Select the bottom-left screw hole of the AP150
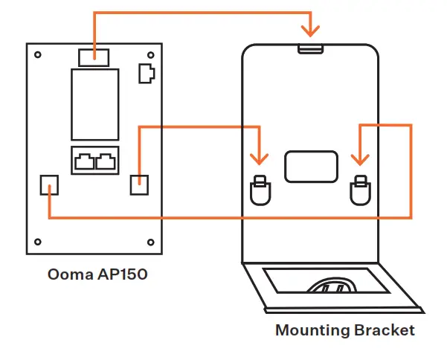[x=38, y=241]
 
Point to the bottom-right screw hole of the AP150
[x=150, y=241]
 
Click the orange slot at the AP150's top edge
[x=94, y=56]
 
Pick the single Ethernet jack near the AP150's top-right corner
[x=147, y=73]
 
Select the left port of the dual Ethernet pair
[x=84, y=160]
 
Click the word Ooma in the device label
[x=67, y=274]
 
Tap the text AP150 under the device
[x=118, y=274]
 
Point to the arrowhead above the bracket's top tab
[x=311, y=30]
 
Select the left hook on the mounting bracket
[x=260, y=190]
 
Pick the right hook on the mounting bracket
[x=361, y=190]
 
